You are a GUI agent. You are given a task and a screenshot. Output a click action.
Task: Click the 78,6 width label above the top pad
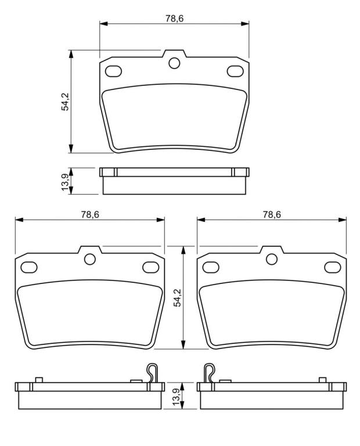[174, 19]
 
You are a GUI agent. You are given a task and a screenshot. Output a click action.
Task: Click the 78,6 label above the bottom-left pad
[90, 214]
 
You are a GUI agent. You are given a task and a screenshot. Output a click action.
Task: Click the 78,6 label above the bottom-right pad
[272, 214]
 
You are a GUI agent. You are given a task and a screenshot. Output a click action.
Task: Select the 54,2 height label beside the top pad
[66, 102]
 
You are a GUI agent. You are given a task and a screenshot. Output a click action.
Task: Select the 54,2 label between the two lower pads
[178, 297]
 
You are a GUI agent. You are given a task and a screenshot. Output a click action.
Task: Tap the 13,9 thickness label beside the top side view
[65, 182]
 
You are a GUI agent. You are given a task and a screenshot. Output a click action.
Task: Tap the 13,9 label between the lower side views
[177, 396]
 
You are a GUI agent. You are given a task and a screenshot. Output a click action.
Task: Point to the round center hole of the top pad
[174, 63]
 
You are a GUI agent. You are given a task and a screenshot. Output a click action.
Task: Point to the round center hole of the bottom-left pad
[90, 259]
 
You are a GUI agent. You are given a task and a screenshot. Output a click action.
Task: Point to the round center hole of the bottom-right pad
[272, 259]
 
